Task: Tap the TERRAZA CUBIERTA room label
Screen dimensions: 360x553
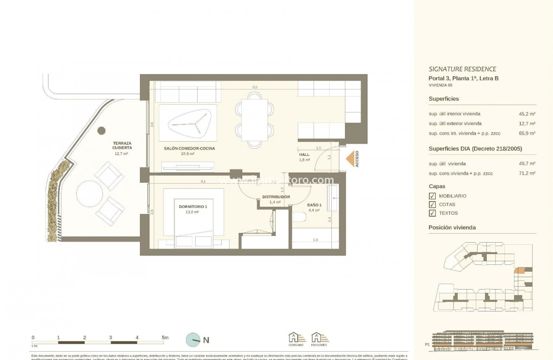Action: (122, 145)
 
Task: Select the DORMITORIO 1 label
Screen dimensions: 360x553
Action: (193, 207)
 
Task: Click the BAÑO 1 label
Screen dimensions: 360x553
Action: (315, 205)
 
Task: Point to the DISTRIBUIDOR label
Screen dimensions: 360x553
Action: (276, 197)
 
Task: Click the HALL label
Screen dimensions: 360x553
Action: (304, 155)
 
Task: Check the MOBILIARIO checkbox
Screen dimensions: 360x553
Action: (432, 196)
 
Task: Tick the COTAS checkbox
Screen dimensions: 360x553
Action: (432, 205)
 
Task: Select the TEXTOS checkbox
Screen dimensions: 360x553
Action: (432, 213)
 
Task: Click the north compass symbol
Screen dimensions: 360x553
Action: (194, 340)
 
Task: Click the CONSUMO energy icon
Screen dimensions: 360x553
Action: (295, 338)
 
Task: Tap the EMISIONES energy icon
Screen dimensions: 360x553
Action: (319, 338)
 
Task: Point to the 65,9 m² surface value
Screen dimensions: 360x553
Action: (527, 133)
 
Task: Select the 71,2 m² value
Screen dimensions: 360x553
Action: (527, 173)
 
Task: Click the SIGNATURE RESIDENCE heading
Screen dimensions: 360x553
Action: (462, 69)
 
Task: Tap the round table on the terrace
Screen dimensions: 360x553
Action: (90, 193)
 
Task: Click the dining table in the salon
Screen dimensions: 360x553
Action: (254, 120)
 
